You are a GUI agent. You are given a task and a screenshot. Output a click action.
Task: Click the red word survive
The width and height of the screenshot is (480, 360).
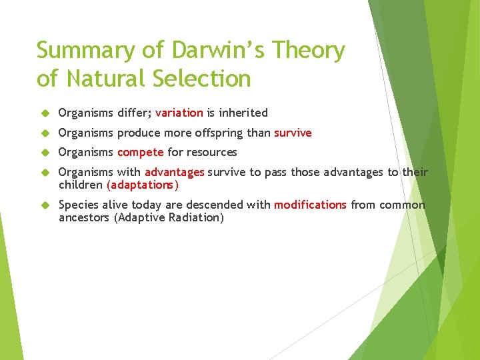(x=293, y=133)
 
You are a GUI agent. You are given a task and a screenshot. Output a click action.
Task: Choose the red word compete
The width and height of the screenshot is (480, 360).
(x=140, y=152)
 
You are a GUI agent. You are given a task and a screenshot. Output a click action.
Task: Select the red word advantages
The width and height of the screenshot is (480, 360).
(x=174, y=172)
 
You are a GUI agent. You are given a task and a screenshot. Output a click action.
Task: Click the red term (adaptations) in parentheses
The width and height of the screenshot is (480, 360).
(x=143, y=184)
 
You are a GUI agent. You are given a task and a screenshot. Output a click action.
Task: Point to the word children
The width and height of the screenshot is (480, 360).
(x=81, y=184)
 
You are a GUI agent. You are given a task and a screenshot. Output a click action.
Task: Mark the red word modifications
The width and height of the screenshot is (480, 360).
(x=310, y=205)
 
